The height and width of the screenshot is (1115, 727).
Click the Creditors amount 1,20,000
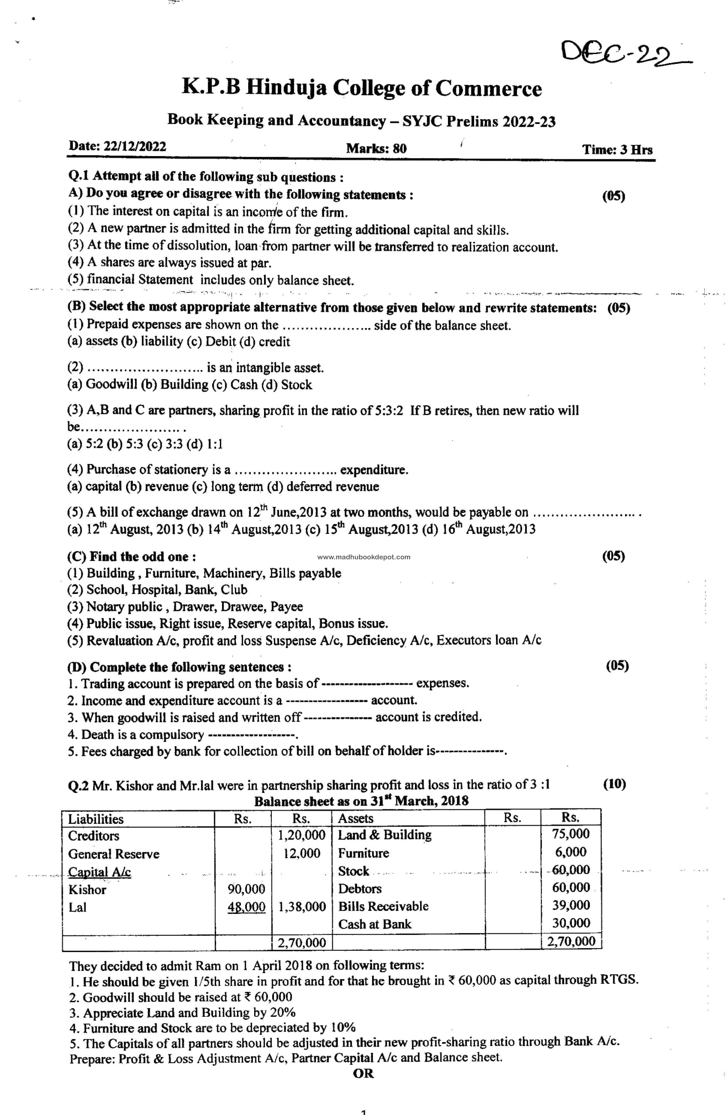tap(301, 835)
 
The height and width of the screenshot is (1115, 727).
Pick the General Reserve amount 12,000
tap(302, 853)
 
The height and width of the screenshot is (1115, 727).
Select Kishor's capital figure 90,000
tap(246, 889)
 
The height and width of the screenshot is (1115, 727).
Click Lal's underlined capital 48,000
tap(246, 906)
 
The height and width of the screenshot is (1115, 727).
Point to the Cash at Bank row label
tap(374, 924)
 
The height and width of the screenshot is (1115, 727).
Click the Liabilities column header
tap(96, 819)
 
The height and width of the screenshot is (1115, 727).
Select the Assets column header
tap(356, 818)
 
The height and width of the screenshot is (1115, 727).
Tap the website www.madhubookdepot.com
tap(363, 557)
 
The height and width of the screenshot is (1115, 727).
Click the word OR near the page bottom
tap(363, 1073)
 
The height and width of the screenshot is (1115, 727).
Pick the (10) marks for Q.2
tap(614, 784)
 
